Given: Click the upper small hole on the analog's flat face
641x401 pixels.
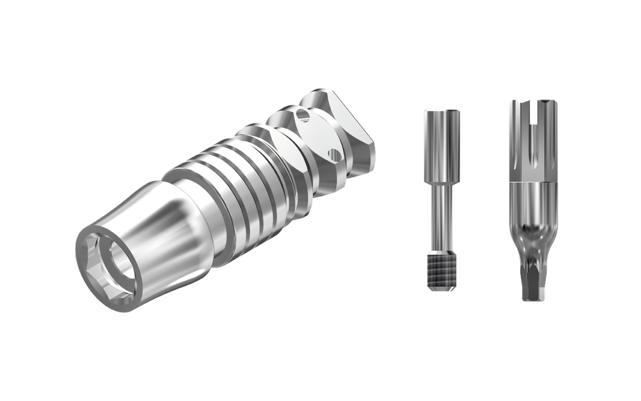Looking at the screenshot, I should click(304, 115).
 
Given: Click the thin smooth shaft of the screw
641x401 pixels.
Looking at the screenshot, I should click(442, 216).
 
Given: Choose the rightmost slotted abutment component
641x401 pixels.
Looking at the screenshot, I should click(531, 200).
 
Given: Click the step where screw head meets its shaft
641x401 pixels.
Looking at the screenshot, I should click(442, 181).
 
